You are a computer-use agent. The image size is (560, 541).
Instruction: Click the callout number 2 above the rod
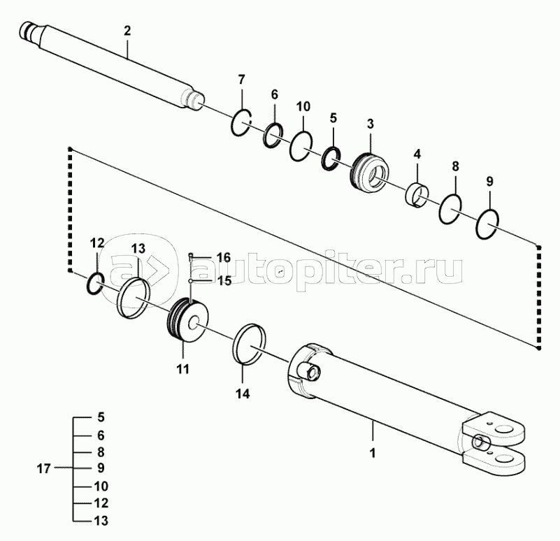pos(127,31)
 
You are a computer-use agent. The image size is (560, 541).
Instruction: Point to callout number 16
pos(223,258)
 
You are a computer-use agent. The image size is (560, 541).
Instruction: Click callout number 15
pos(224,280)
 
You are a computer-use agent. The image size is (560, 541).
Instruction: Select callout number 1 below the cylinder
pos(373,452)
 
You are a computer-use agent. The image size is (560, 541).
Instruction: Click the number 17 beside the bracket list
pos(43,468)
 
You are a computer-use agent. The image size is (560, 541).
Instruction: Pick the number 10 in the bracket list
pos(100,485)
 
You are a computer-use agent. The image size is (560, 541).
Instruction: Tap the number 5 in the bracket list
pos(101,417)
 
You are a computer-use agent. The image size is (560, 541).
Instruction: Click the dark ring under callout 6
pos(272,134)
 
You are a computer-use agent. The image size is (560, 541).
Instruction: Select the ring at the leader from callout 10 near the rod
pos(301,146)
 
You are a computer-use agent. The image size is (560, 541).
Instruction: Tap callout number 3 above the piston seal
pos(370,124)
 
